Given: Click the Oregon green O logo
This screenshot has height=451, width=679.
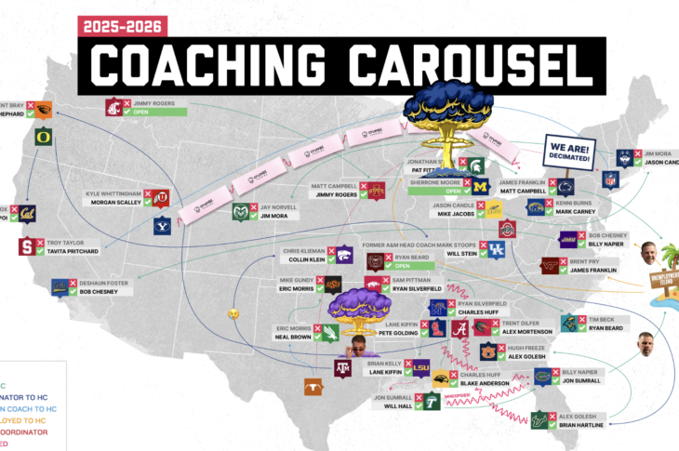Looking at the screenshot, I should pyautogui.click(x=16, y=136).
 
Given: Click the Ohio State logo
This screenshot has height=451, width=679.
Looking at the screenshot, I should pyautogui.click(x=507, y=229).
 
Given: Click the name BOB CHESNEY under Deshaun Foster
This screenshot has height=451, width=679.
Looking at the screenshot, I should pyautogui.click(x=101, y=292).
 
